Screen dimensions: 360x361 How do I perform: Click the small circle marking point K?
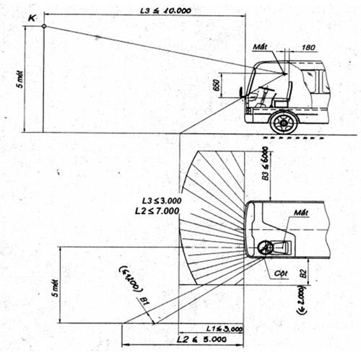point(44,27)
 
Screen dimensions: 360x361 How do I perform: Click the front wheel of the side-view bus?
point(282,122)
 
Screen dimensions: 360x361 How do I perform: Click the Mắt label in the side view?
point(261,48)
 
